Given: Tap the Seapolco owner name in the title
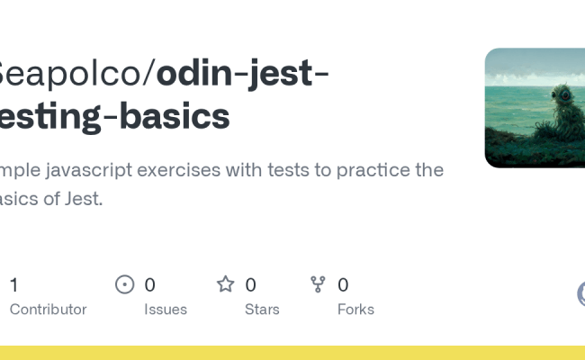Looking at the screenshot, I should click(x=71, y=74).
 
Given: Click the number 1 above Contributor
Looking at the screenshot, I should click(x=13, y=285).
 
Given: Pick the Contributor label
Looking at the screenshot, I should click(x=48, y=310).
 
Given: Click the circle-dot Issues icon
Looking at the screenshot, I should click(x=125, y=285).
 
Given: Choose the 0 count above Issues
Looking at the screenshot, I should click(x=149, y=285).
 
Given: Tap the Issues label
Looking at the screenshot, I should click(x=166, y=310).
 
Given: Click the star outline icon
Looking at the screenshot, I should click(x=226, y=285).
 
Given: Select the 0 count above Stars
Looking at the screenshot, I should click(x=250, y=285).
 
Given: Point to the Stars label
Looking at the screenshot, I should click(x=262, y=310).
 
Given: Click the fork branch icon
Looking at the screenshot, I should click(x=318, y=285).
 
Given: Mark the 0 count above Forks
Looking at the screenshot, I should click(x=343, y=285).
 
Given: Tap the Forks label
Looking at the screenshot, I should click(x=355, y=310).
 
